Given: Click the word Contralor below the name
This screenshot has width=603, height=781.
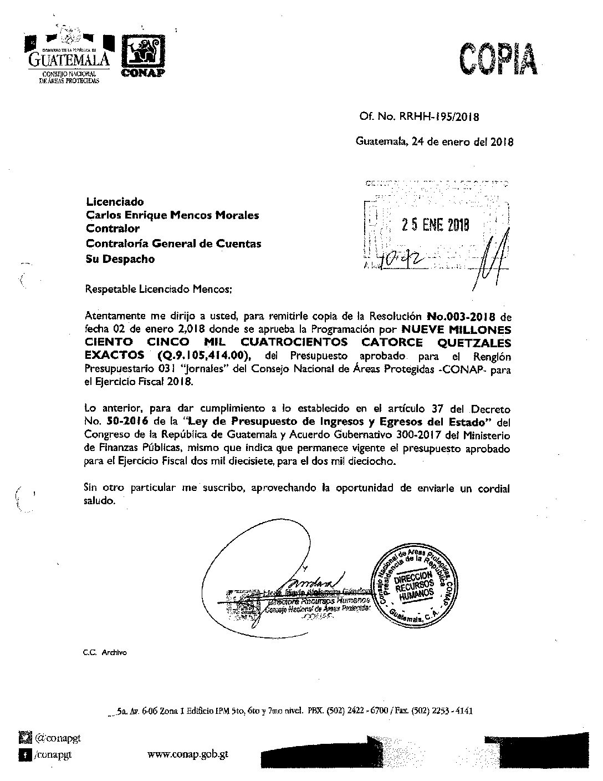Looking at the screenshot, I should [113, 229].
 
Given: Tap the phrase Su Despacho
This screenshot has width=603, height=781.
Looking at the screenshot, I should [120, 259].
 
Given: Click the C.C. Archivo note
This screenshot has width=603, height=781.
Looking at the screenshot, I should [105, 653].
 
